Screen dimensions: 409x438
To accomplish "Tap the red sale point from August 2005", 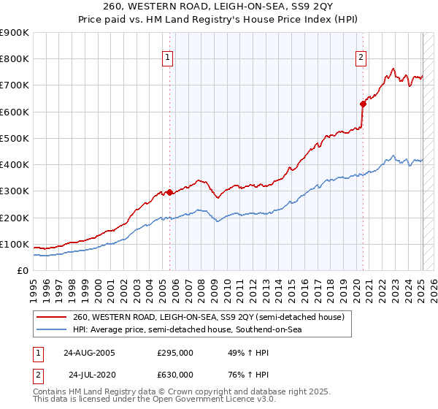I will [169, 193].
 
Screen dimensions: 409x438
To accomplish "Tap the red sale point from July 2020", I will [362, 104].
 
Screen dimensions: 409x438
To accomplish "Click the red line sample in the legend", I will [53, 316].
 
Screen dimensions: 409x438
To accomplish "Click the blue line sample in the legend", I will [53, 329].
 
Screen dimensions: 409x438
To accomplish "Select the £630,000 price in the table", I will [175, 374].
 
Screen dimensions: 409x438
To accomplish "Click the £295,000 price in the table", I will [175, 352].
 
